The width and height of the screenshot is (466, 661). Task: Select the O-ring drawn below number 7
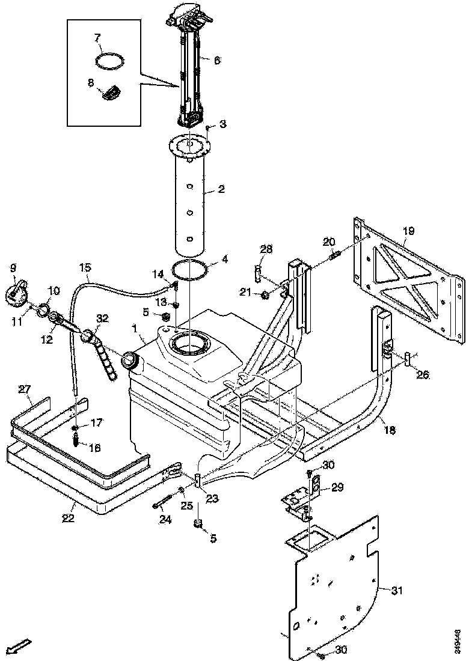point(110,61)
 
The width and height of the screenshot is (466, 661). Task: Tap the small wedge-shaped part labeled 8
point(112,93)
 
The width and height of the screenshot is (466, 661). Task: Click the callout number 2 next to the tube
point(221,189)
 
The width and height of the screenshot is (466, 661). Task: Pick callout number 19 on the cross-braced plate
point(408,230)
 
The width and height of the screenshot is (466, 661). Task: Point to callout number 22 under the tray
point(69,518)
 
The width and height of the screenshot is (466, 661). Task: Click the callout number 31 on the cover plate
point(396,591)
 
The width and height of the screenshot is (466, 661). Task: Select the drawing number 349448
point(458,637)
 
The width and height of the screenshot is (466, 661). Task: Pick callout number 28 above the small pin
point(266,249)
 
